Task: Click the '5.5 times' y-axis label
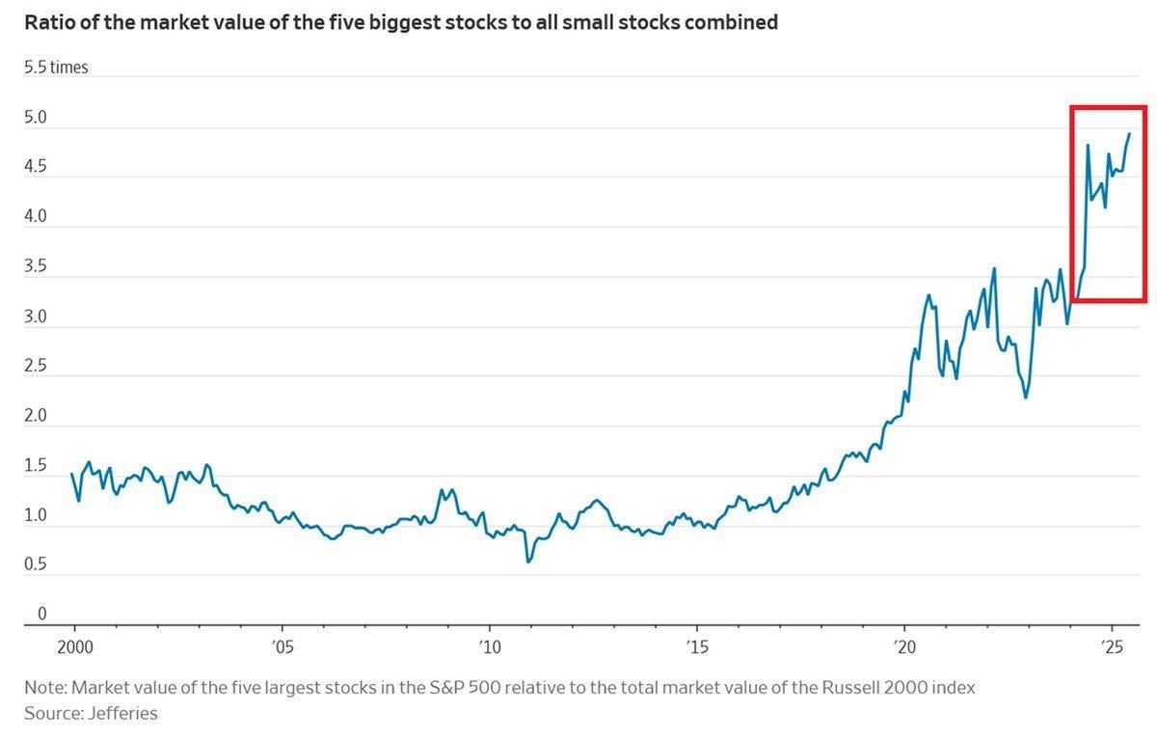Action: coord(56,68)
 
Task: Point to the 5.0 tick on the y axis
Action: coord(36,118)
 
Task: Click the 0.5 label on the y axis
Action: coord(36,564)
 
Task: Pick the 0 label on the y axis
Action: coord(41,614)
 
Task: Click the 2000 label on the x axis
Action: coord(74,645)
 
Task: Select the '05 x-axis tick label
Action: coord(282,645)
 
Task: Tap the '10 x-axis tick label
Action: coord(489,645)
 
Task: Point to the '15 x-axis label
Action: coord(696,645)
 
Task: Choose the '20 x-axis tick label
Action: coord(904,645)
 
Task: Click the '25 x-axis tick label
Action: coord(1112,645)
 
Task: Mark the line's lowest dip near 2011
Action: coord(527,562)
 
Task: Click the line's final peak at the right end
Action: coord(1129,134)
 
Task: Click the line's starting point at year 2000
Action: coord(72,474)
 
